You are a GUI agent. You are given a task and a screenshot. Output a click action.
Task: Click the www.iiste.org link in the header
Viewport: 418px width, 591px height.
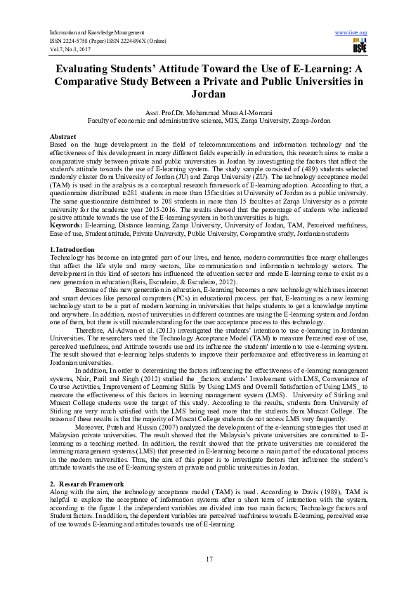click(352, 33)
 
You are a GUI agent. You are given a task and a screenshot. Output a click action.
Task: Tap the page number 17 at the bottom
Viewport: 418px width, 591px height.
click(209, 558)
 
